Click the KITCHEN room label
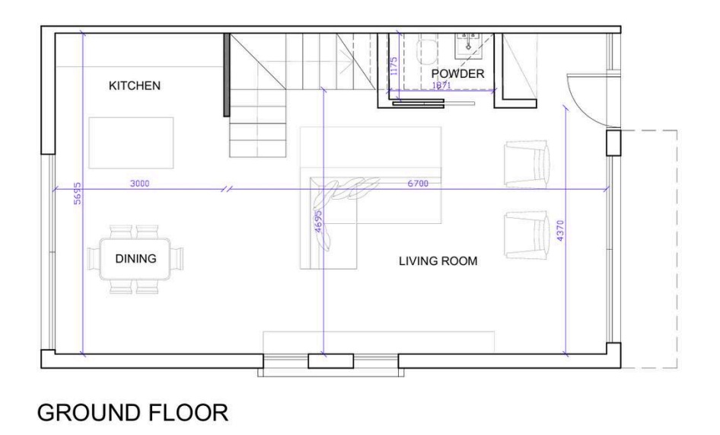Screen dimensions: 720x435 (135, 85)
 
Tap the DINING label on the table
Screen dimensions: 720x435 (135, 258)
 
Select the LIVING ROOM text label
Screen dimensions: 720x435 (438, 261)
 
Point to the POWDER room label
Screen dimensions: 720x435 (457, 74)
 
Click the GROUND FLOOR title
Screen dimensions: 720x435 (132, 412)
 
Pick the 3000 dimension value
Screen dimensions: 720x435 (139, 184)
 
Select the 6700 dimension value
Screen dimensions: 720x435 (418, 184)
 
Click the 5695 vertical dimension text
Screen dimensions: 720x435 (77, 194)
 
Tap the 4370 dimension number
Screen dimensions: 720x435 (559, 231)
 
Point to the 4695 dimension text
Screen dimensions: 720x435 (318, 222)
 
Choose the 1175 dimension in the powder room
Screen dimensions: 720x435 (393, 66)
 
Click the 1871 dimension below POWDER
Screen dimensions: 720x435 (441, 85)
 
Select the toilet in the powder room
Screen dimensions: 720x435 (427, 50)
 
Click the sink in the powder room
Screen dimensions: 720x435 (468, 45)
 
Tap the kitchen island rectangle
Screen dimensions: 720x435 (131, 142)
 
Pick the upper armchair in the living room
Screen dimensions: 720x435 (527, 165)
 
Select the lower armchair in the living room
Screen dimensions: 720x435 (527, 235)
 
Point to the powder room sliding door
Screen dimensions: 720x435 (434, 104)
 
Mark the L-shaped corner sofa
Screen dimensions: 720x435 (329, 199)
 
